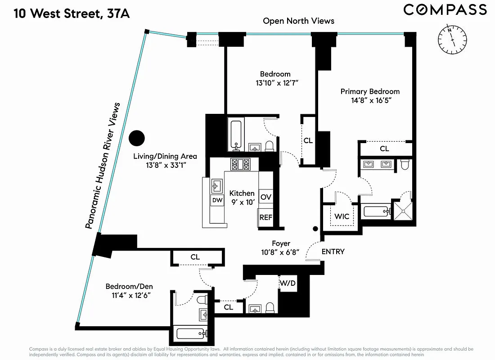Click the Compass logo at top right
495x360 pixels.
point(445,9)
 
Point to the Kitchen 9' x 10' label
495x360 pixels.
point(242,198)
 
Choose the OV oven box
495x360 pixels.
point(265,197)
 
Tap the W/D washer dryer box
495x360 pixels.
point(288,283)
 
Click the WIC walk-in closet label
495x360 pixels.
point(342,216)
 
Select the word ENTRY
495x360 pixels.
point(333,252)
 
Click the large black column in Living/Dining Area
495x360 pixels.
point(136,138)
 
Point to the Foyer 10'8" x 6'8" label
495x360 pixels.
point(280,248)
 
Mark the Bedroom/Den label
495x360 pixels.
point(127,291)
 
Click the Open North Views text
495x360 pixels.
point(298,21)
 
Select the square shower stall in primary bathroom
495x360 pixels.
point(403,210)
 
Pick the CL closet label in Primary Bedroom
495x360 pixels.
point(384,148)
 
